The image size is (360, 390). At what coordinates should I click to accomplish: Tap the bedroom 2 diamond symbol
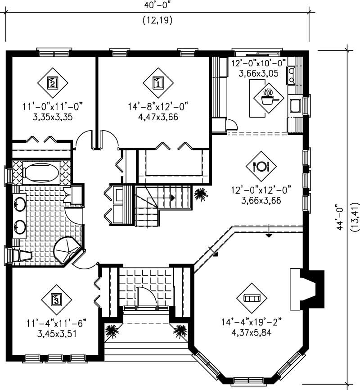[x=52, y=82]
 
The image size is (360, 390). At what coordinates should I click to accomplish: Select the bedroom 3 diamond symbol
[x=55, y=299]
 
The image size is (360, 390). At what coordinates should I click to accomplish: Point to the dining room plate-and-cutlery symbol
[x=261, y=166]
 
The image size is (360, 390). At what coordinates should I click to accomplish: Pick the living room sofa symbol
[x=252, y=299]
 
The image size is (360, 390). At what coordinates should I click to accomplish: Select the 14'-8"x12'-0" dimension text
[x=157, y=107]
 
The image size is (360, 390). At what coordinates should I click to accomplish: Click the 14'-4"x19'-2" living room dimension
[x=252, y=323]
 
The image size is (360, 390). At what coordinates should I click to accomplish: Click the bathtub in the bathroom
[x=40, y=172]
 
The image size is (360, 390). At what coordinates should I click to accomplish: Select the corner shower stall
[x=66, y=249]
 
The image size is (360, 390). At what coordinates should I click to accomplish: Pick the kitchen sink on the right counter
[x=296, y=106]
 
